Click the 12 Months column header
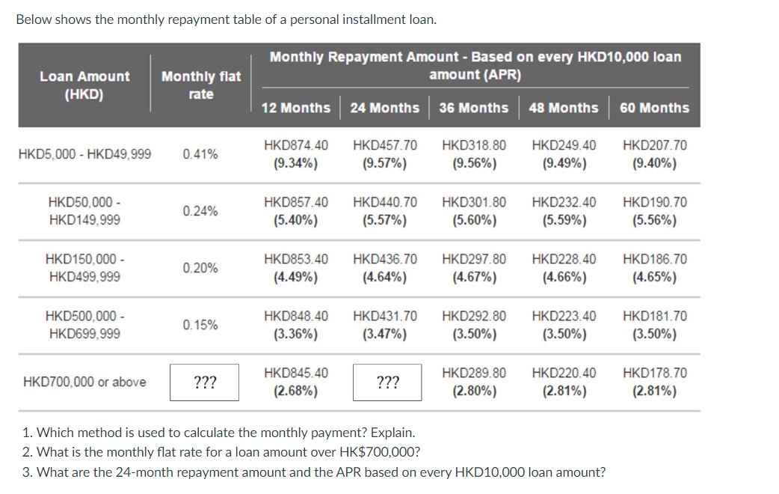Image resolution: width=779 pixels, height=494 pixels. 295,108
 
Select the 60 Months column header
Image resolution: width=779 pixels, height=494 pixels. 654,108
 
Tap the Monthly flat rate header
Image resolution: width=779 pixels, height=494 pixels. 201,85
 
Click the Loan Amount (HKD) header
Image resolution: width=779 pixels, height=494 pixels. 84,85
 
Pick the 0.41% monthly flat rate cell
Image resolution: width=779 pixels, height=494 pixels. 200,154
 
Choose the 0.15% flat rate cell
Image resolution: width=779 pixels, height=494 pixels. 200,325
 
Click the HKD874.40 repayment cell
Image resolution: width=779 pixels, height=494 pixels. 295,145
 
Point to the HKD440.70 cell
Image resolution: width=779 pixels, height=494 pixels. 384,202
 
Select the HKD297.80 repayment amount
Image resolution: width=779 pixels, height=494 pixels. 474,259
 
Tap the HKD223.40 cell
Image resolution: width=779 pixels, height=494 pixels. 564,316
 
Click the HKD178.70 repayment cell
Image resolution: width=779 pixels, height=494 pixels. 654,373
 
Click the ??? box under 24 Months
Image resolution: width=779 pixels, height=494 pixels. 387,382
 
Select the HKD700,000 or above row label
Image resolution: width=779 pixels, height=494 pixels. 84,382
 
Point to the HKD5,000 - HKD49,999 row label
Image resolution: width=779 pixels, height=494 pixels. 84,154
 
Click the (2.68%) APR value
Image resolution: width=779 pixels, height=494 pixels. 295,391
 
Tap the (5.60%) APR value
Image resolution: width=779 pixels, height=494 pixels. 474,220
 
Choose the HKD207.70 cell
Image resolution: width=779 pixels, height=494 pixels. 654,145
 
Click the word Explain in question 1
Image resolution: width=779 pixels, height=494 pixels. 394,433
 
